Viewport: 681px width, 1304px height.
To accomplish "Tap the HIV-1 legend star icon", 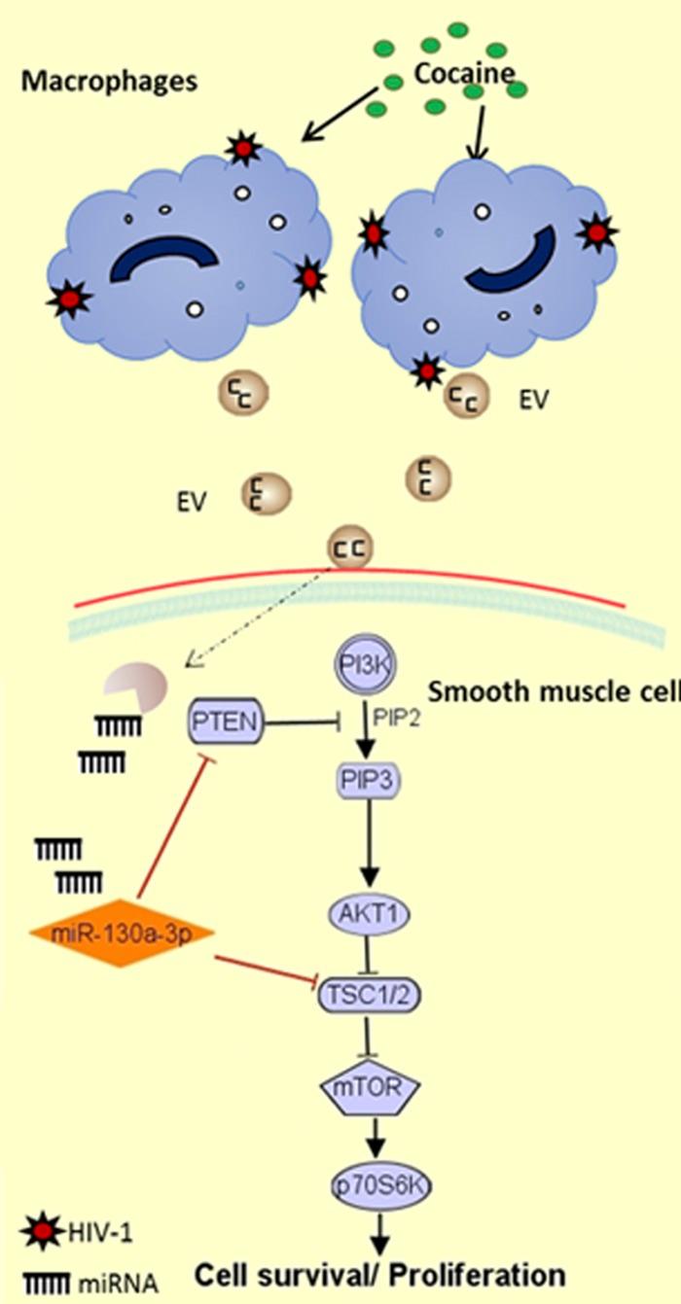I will [35, 1233].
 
